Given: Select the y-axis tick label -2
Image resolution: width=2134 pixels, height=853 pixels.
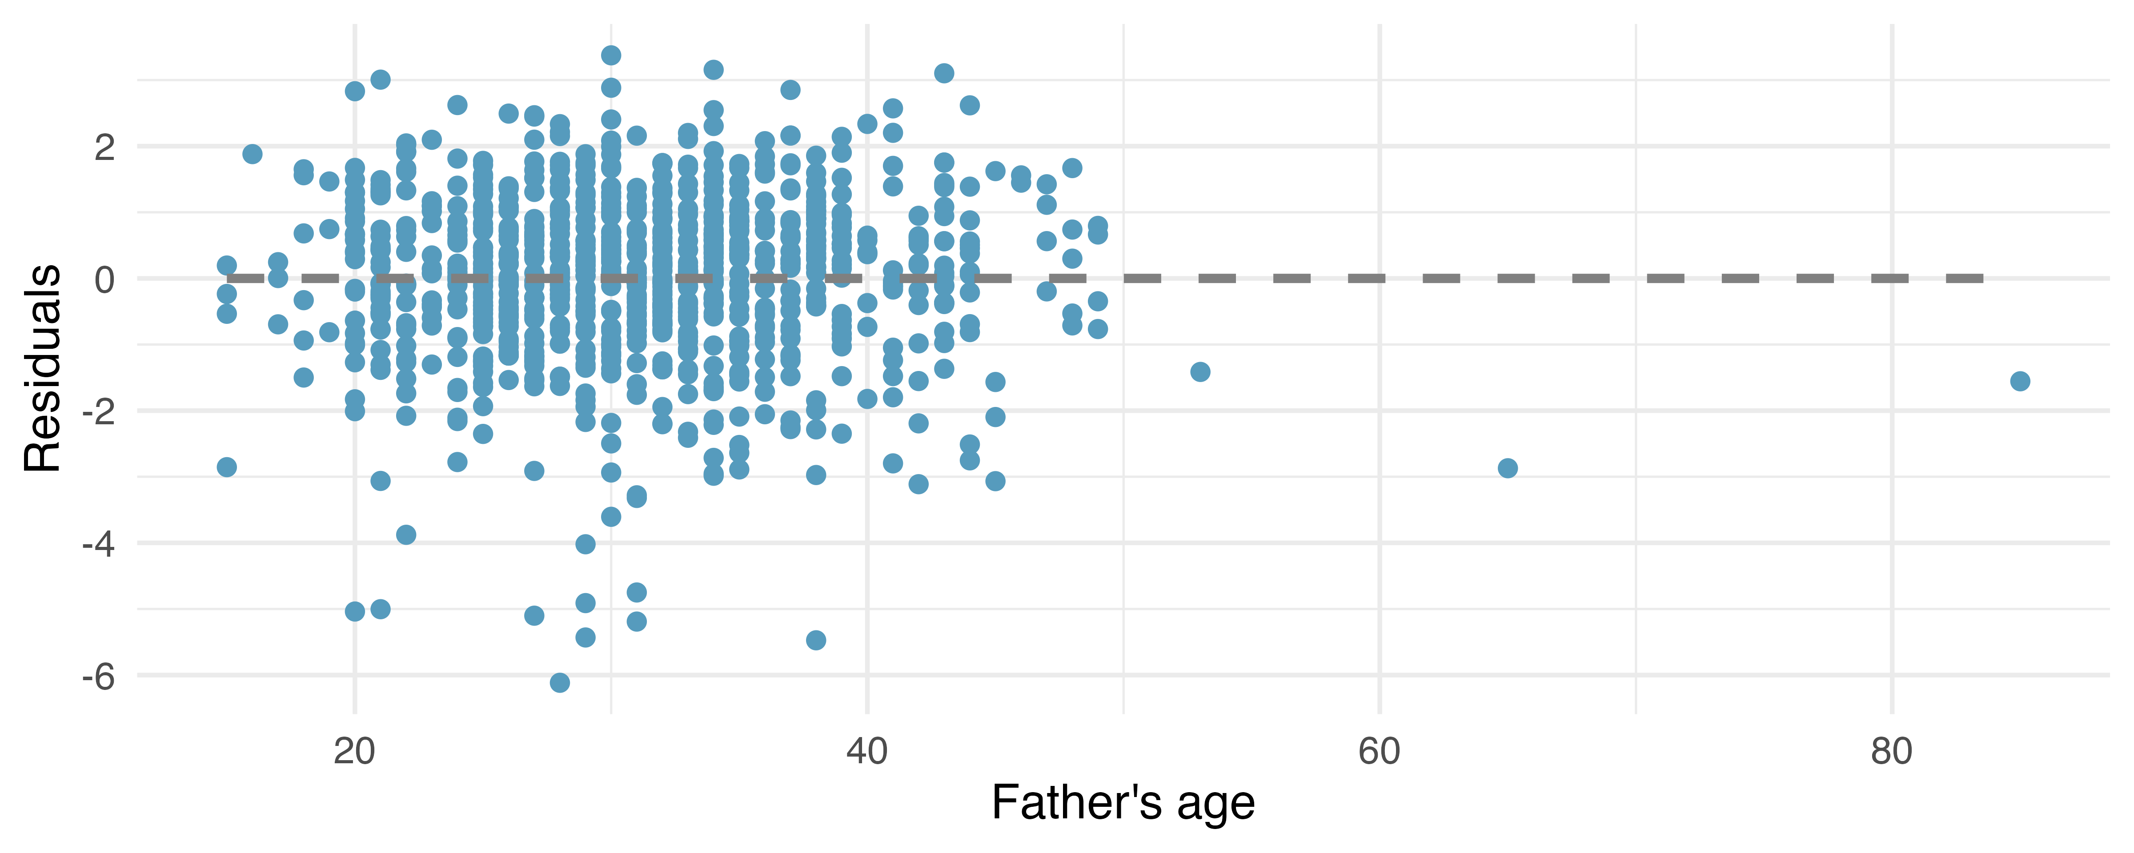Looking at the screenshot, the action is coord(99,411).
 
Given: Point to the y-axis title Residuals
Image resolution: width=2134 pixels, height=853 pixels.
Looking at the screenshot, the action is coord(43,369).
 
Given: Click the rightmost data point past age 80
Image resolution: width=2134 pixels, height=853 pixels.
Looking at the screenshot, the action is coord(2020,381).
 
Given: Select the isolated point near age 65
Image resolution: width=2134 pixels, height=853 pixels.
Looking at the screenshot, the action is coord(1508,468).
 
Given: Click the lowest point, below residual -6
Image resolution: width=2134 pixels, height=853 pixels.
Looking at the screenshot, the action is coord(560,682).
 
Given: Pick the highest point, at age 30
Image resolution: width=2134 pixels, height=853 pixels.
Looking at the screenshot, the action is coord(611,56).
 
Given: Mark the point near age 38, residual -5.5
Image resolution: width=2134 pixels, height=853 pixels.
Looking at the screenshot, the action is coord(816,640).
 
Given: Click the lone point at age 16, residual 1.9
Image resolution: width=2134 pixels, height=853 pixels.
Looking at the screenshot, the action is coord(253,154).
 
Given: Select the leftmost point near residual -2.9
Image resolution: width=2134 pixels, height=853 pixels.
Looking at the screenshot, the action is coord(227,467).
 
